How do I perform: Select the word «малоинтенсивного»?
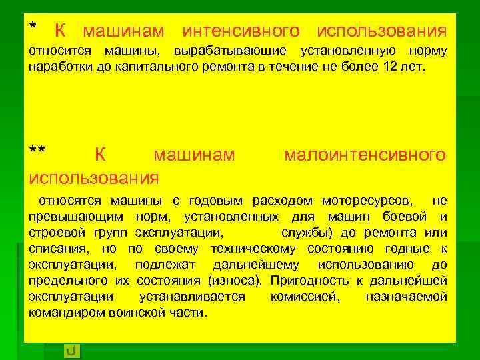[x=365, y=155]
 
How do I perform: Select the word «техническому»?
[x=254, y=249]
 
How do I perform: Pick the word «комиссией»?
[x=305, y=297]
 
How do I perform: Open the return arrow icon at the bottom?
[x=71, y=349]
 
